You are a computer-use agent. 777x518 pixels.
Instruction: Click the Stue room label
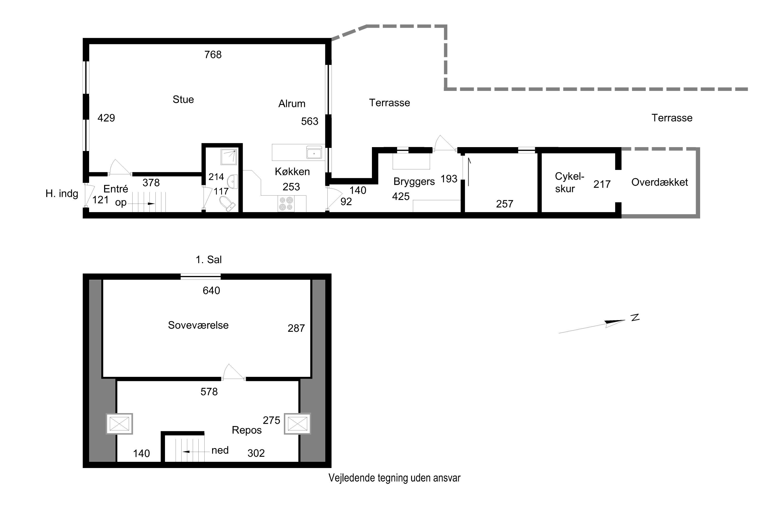point(183,99)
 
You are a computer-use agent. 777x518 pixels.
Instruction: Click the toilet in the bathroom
point(227,203)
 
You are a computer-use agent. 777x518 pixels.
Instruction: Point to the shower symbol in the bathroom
point(229,157)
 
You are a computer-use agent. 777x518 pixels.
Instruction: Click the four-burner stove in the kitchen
point(286,204)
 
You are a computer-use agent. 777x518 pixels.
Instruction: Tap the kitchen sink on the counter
point(314,153)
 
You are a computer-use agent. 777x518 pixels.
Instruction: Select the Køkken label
point(292,171)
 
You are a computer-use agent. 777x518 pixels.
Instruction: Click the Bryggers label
point(414,182)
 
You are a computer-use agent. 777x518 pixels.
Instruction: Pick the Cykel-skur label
point(570,182)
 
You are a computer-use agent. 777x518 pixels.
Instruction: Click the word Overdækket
point(659,182)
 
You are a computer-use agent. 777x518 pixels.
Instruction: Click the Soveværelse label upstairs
point(198,325)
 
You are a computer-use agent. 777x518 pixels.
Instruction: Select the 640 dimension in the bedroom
point(211,290)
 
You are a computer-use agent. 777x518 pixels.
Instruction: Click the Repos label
point(247,430)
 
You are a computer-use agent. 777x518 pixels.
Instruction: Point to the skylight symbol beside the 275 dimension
point(297,423)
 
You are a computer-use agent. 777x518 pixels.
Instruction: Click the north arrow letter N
point(635,318)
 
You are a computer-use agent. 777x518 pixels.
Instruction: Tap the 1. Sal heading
point(208,260)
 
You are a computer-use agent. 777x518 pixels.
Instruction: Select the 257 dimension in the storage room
point(505,204)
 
